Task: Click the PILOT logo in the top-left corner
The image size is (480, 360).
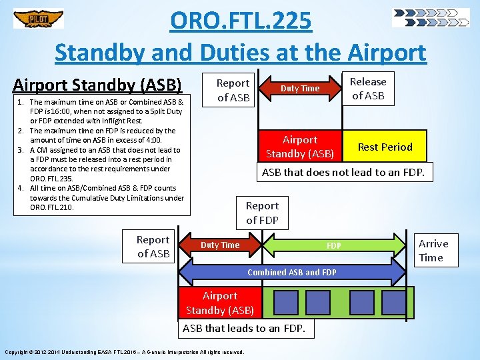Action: coord(39,19)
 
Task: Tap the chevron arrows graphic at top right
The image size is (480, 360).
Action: coord(431,17)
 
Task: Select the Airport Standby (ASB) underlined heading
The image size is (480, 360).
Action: coord(97,85)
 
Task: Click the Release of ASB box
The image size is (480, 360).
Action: coord(368,89)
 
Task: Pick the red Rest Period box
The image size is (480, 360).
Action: coord(385,147)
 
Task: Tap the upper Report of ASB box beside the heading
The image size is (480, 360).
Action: coord(233,90)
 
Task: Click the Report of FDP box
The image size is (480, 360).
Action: coord(262,213)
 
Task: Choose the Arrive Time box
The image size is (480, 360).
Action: coord(433,250)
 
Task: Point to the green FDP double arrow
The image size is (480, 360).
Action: coord(333,246)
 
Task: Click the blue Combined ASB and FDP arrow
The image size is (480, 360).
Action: coord(291,272)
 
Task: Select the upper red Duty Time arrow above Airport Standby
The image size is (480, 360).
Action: coord(300,89)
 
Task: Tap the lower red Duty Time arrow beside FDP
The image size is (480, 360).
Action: coord(220,245)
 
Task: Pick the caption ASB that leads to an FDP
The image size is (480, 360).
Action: coord(244,328)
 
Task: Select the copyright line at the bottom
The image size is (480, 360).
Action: coord(124,352)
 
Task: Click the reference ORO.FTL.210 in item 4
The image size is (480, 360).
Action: coord(53,207)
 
